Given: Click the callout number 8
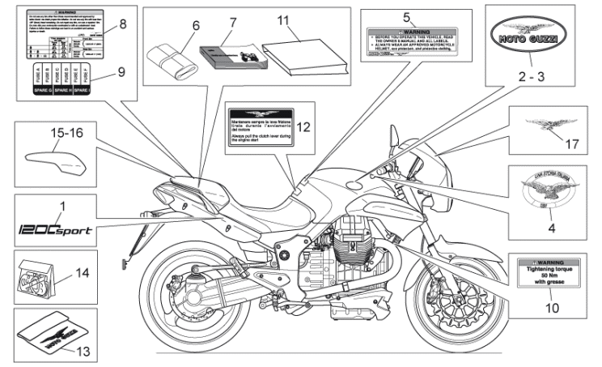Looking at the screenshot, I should click(123, 24).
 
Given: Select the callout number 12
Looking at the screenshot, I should click(303, 127).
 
